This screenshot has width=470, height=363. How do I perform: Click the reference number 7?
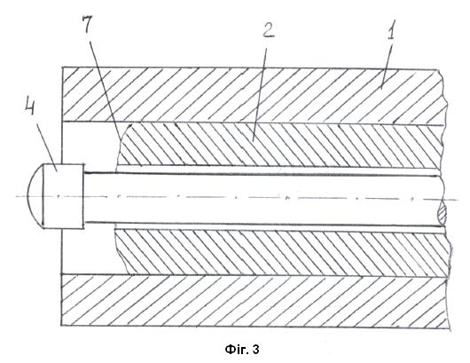pos(87,23)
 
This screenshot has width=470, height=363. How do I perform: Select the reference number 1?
pos(390,30)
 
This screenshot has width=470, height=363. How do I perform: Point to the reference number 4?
pos(29,107)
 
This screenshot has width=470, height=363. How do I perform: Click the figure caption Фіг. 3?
pos(242,350)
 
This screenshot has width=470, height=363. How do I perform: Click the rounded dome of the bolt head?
pos(35,195)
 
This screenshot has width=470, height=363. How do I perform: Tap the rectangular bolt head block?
pos(63,196)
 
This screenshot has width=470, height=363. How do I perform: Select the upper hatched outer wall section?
pos(252,95)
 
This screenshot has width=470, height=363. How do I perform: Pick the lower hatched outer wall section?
pos(255,301)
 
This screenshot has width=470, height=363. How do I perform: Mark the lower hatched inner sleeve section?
pos(282,252)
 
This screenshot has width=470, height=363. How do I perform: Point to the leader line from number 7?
pos(105,85)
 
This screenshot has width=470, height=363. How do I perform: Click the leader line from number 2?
pos(260,89)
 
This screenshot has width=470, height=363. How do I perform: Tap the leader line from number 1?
pos(388,65)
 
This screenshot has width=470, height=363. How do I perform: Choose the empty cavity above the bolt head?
pos(90,144)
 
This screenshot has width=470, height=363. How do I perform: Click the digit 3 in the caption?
pos(255,350)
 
